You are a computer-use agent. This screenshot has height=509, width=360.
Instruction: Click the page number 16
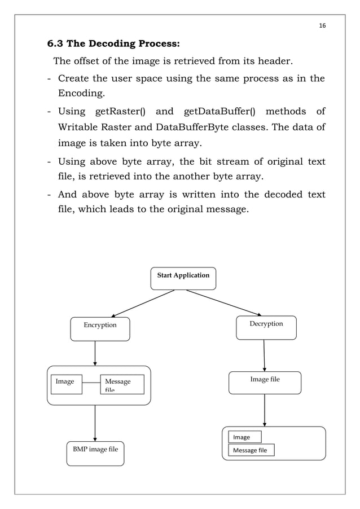(323, 25)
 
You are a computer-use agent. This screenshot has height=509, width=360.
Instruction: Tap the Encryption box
(100, 328)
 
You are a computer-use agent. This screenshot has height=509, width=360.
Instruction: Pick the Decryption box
(266, 327)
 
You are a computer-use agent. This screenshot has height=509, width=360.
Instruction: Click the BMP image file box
(95, 453)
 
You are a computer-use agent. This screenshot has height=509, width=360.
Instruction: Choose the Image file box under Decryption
(265, 382)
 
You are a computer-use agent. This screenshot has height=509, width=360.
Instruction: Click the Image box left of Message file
(66, 384)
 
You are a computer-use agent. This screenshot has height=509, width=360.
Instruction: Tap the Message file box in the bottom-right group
(251, 450)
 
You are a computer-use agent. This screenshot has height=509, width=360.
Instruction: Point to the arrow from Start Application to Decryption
(224, 302)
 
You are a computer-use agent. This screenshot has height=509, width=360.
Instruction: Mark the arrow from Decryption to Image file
(264, 355)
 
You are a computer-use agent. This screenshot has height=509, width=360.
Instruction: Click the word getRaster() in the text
(121, 111)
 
